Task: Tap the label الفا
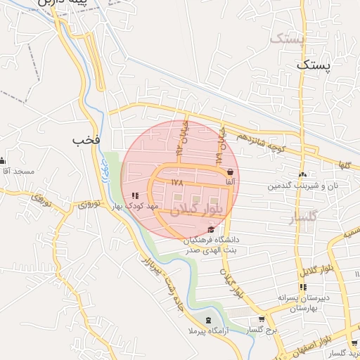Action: [231, 181]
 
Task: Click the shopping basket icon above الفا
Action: [231, 172]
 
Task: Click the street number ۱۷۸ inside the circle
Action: [176, 181]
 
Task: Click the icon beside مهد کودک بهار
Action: [134, 195]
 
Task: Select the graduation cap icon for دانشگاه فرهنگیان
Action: [212, 229]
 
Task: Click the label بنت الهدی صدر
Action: [205, 250]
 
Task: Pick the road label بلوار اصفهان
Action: [335, 337]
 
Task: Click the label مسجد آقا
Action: [18, 172]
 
